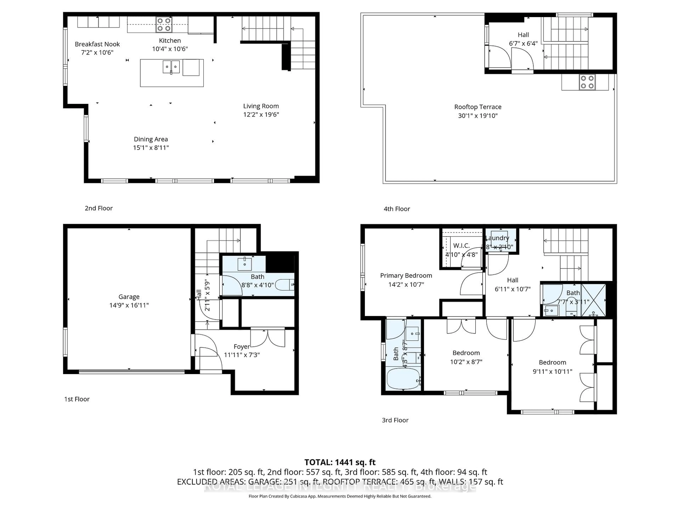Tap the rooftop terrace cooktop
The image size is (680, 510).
(587, 82)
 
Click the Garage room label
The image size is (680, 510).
(129, 297)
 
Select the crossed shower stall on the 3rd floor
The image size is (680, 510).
(593, 300)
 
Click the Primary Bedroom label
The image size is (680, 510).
(406, 275)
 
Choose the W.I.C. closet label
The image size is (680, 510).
(461, 245)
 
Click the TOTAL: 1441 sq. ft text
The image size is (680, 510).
(340, 462)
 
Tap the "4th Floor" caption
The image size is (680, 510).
(396, 209)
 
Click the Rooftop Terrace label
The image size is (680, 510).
(478, 107)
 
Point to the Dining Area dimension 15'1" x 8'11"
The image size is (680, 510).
(151, 148)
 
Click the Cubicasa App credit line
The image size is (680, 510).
(340, 496)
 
